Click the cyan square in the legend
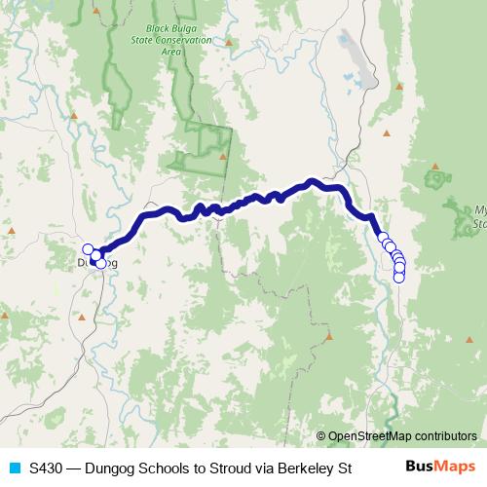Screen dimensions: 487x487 coord(15,468)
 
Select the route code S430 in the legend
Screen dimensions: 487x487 coord(45,468)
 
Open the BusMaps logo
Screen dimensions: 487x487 coord(439,467)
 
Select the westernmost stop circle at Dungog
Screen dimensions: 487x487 coord(88,249)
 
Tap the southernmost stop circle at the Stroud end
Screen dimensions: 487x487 coord(398,277)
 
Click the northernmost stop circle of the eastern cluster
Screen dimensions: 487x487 coord(382,236)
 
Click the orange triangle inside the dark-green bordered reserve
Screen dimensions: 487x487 coord(223,154)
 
